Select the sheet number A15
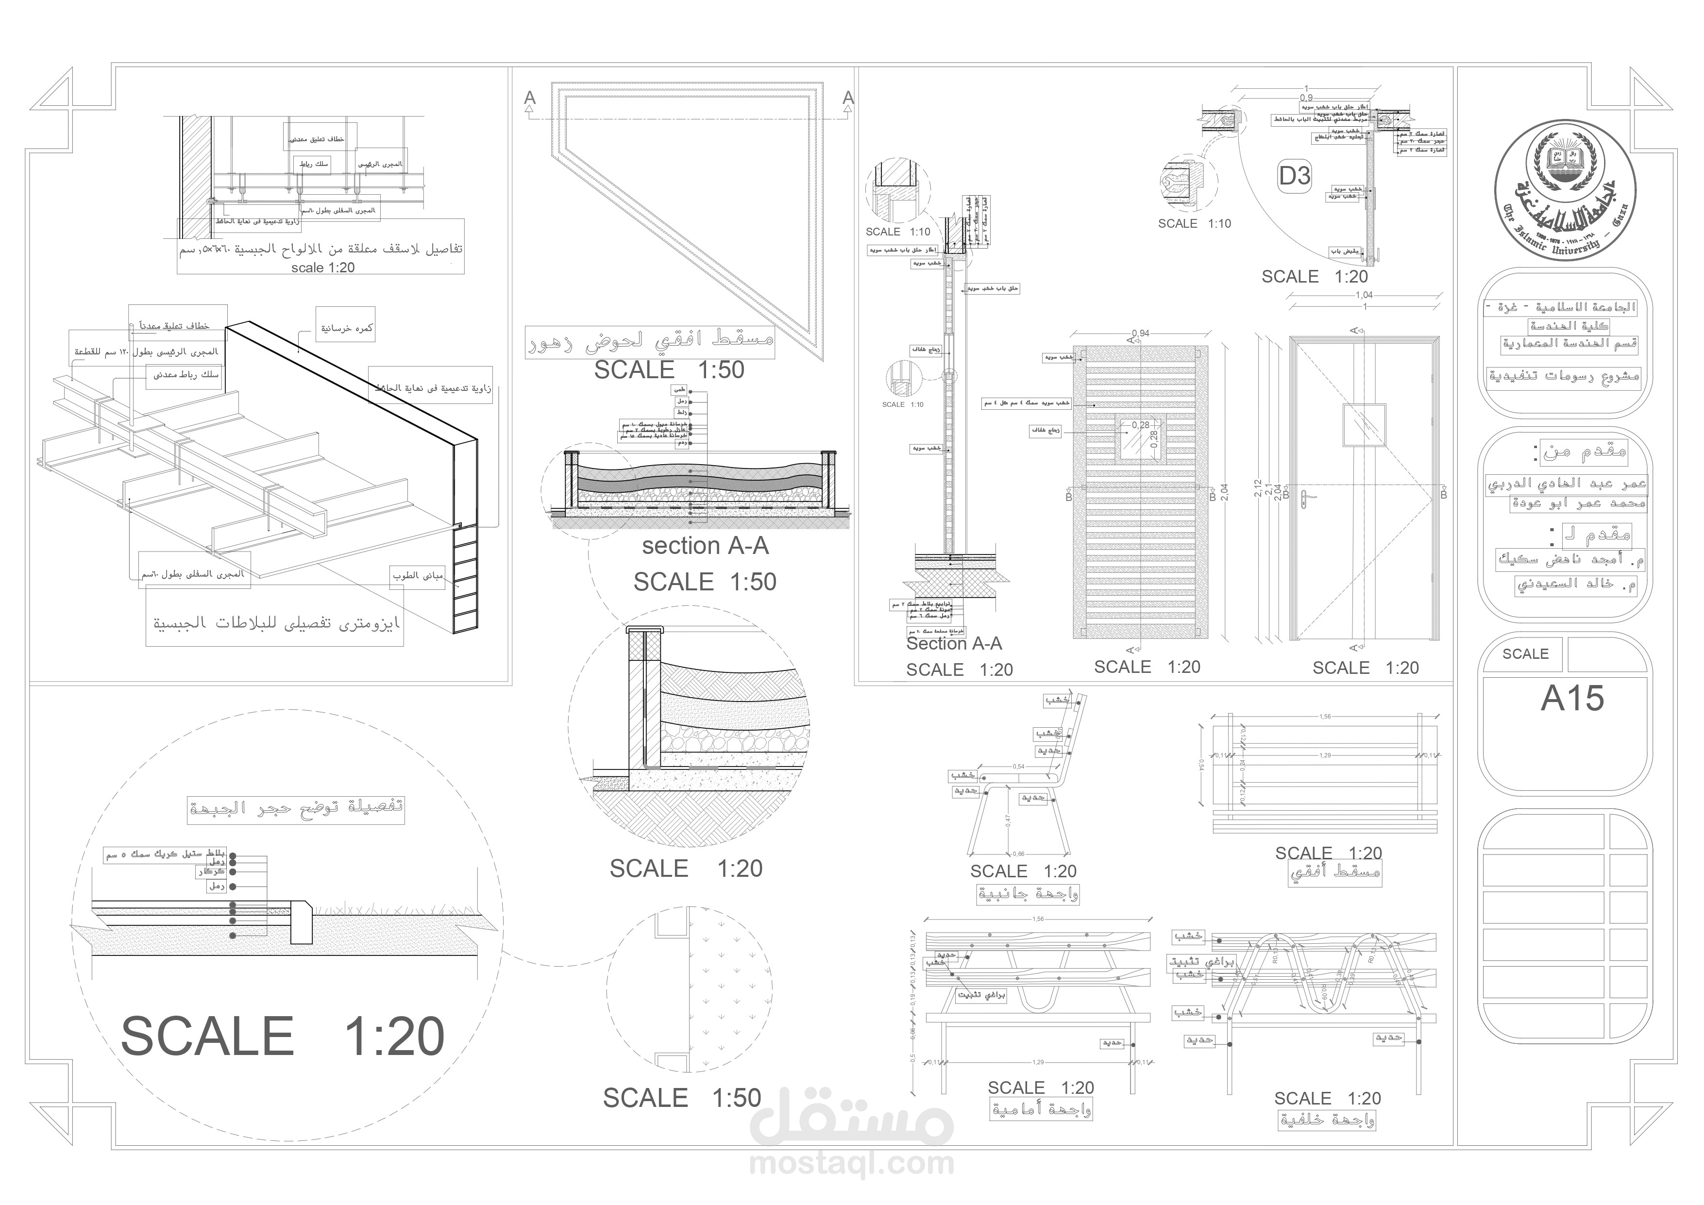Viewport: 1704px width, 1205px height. [1572, 698]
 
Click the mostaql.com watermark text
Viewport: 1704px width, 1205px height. [851, 1163]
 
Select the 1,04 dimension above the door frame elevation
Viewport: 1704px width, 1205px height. [1364, 295]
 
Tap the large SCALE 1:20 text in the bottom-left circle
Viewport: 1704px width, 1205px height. [282, 1036]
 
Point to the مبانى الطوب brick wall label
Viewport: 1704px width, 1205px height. [418, 575]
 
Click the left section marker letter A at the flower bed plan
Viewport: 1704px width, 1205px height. [529, 98]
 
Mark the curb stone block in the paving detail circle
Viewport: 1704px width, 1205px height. [301, 921]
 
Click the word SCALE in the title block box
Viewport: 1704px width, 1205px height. [1525, 653]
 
